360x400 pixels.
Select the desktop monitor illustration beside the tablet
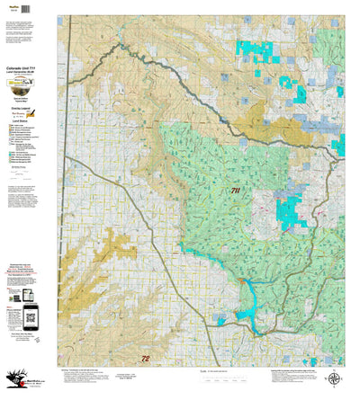click(x=40, y=293)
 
